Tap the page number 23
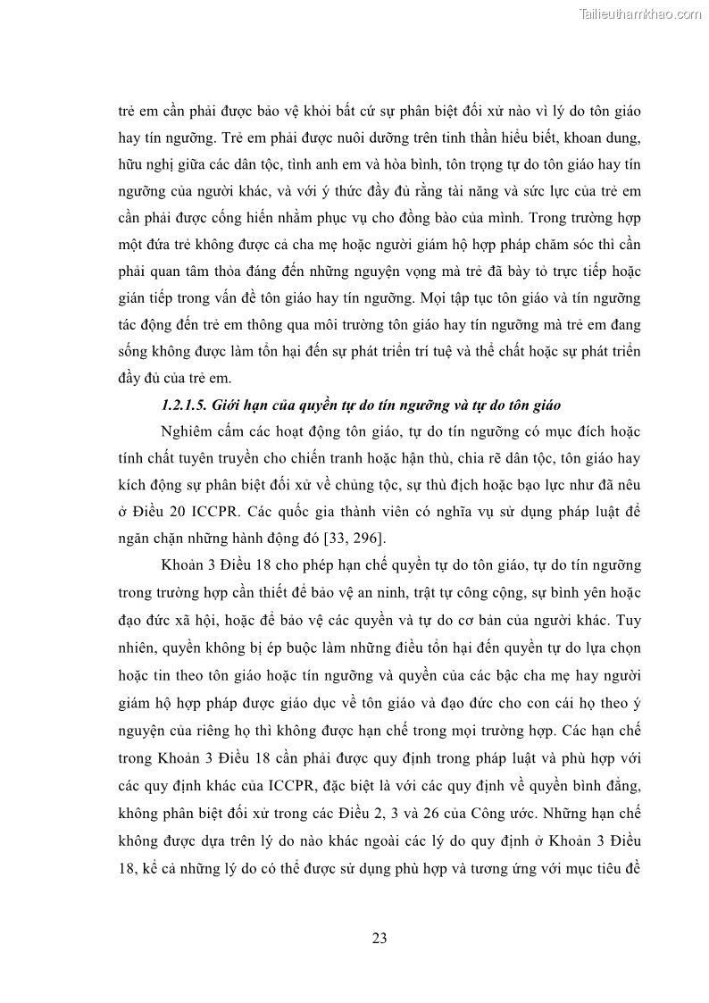pyautogui.click(x=379, y=938)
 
